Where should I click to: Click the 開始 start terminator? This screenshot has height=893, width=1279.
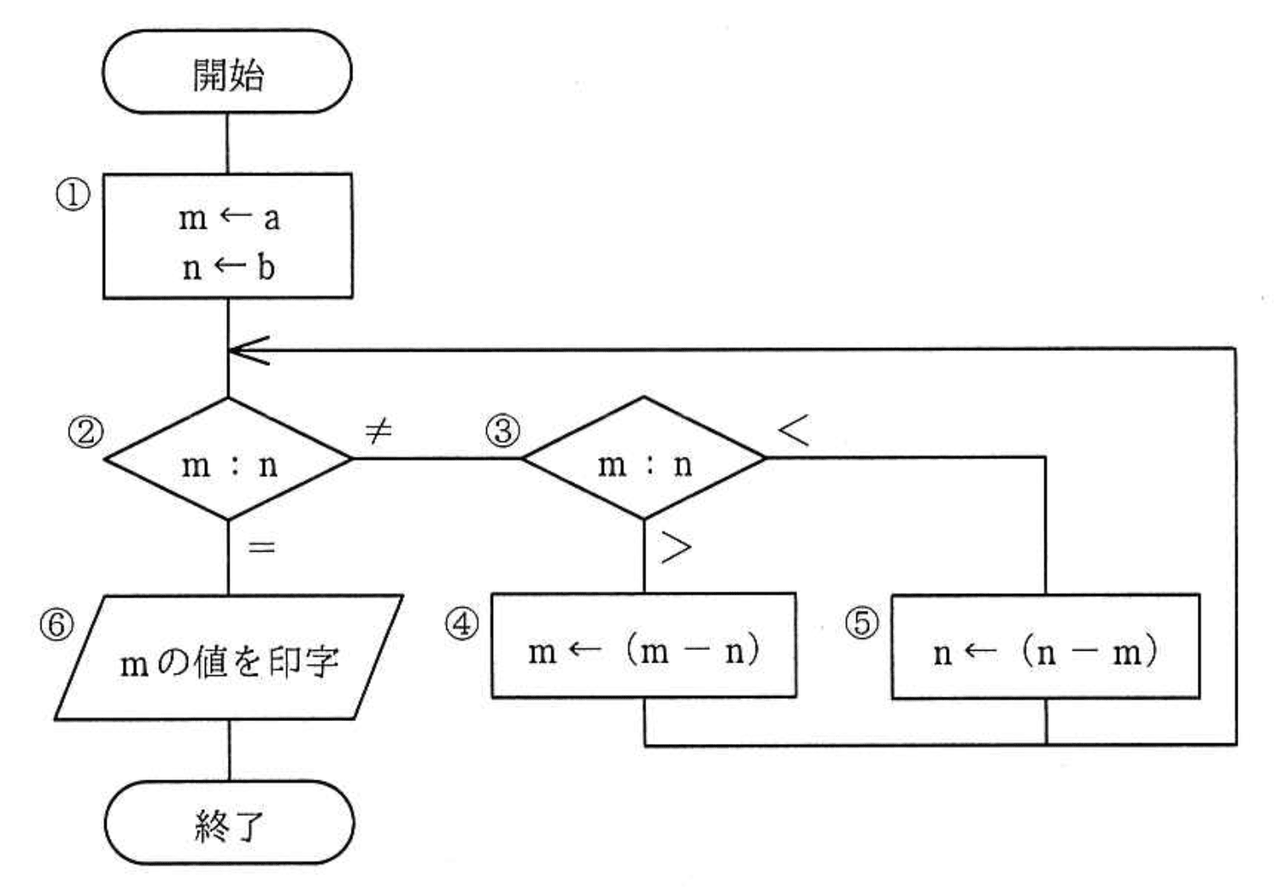(x=227, y=72)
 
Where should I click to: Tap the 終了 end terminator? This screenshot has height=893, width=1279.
(x=229, y=823)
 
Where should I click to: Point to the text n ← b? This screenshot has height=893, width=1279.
(x=229, y=268)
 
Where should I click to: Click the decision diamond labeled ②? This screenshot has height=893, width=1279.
(x=228, y=458)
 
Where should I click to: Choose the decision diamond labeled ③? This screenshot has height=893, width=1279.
(x=644, y=458)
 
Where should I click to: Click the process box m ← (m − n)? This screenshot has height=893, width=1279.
(x=644, y=646)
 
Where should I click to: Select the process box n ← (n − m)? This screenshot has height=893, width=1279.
(x=1045, y=647)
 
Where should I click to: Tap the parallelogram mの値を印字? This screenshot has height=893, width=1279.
(x=229, y=658)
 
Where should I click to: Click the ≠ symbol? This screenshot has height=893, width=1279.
(x=378, y=431)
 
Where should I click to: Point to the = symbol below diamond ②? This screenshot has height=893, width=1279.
(x=262, y=547)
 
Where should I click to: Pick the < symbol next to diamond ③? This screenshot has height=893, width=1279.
(x=794, y=430)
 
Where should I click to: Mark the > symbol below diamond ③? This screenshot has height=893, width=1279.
(x=675, y=548)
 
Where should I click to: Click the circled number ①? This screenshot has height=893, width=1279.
(x=73, y=196)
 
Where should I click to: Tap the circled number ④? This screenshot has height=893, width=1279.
(x=462, y=624)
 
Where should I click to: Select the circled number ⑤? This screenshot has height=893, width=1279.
(x=861, y=624)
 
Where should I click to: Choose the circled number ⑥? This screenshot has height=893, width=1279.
(x=57, y=625)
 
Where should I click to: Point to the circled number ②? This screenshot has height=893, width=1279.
(x=86, y=433)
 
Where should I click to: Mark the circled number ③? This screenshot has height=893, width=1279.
(x=502, y=431)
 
